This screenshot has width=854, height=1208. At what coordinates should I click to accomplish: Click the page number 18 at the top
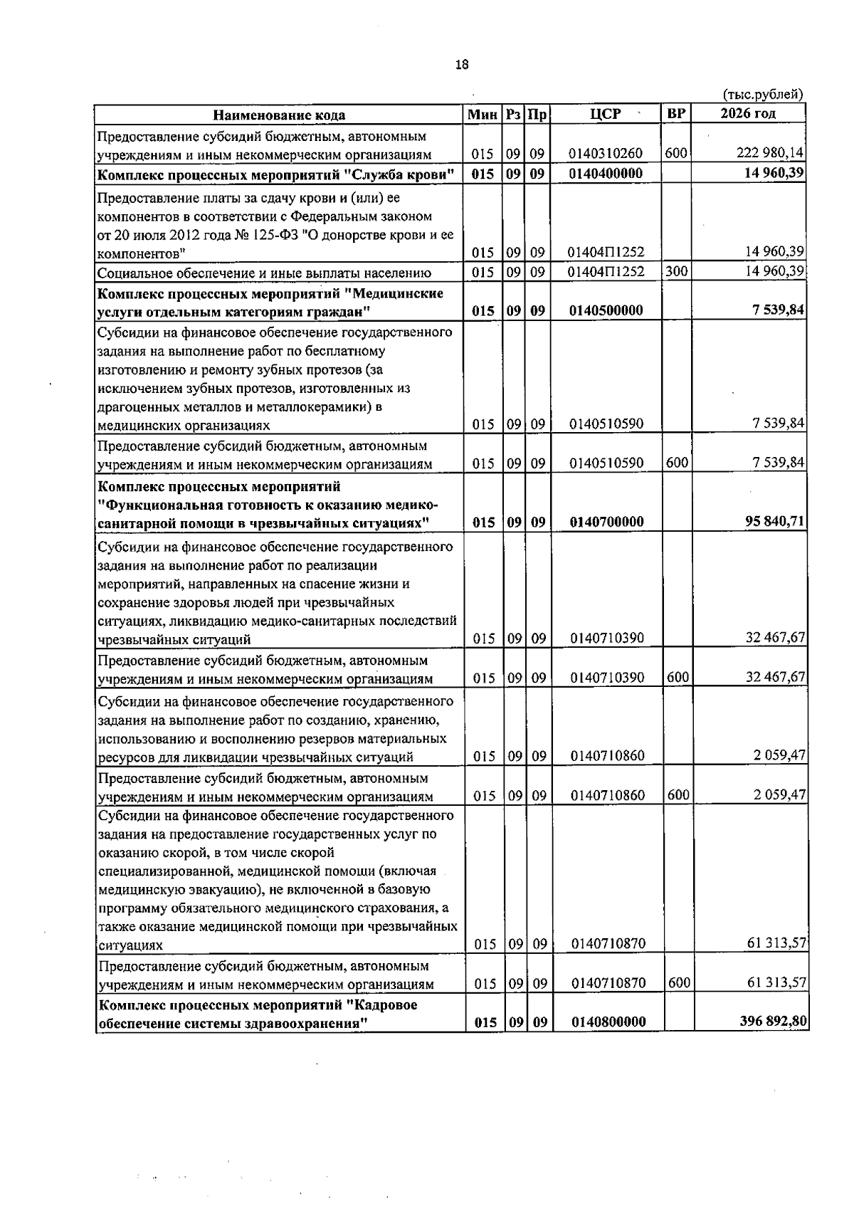click(x=462, y=65)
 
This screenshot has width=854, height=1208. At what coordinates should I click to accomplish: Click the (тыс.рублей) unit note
click(x=762, y=95)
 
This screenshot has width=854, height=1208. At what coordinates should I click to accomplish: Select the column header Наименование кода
click(x=280, y=115)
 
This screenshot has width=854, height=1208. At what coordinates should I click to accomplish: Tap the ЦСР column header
click(x=606, y=114)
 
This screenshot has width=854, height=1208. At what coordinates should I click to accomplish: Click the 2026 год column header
click(x=748, y=114)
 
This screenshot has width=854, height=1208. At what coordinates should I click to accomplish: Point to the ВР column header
click(x=676, y=114)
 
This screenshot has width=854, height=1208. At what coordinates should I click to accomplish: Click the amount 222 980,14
click(x=771, y=154)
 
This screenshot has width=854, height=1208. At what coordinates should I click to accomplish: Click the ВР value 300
click(x=676, y=271)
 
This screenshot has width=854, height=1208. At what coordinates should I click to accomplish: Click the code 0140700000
click(x=606, y=522)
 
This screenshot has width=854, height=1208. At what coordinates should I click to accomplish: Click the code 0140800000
click(x=608, y=1021)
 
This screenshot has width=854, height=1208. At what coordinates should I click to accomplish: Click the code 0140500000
click(x=606, y=310)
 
